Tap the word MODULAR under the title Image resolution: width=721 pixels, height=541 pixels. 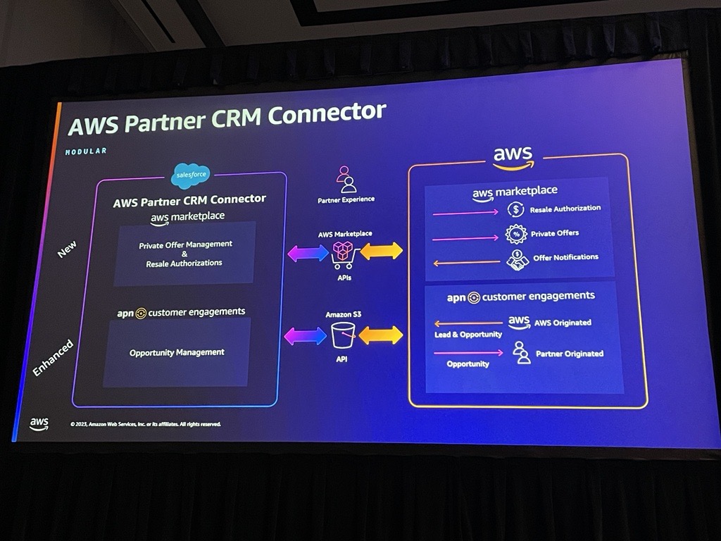86,151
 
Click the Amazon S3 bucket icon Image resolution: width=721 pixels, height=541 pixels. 343,335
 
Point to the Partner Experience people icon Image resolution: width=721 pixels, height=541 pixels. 345,180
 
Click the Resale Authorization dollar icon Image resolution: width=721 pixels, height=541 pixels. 517,209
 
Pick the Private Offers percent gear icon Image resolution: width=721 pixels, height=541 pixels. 517,234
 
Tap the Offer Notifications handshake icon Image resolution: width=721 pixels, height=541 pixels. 518,259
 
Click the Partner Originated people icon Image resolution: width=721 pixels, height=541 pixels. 522,352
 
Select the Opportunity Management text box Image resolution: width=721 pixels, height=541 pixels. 177,352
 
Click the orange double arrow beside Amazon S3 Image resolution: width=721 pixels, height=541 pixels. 381,335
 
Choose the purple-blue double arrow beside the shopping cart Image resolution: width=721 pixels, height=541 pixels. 308,253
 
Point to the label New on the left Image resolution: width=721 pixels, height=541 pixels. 67,249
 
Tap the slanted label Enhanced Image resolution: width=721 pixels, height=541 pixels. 53,358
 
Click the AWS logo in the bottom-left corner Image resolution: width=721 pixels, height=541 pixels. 39,423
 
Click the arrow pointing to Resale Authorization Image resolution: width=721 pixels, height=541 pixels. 465,212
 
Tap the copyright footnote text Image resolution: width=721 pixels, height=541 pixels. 146,424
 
